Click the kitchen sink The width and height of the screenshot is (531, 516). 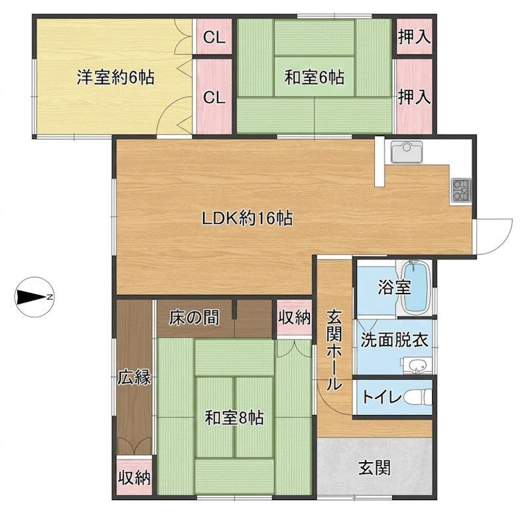[406, 151]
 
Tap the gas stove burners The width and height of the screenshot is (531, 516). [461, 190]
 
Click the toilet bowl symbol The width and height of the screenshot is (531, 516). [419, 397]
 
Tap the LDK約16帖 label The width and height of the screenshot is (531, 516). [247, 218]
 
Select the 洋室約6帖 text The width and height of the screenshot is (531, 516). [115, 78]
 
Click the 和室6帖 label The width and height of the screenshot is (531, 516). [314, 78]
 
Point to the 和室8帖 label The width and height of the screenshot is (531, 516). [234, 418]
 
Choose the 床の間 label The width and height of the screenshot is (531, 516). [194, 318]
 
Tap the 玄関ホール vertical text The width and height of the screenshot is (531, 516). [335, 351]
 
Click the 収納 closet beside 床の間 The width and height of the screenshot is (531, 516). [294, 318]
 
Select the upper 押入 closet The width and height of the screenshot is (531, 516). [414, 37]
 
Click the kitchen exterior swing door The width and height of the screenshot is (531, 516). [493, 237]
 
